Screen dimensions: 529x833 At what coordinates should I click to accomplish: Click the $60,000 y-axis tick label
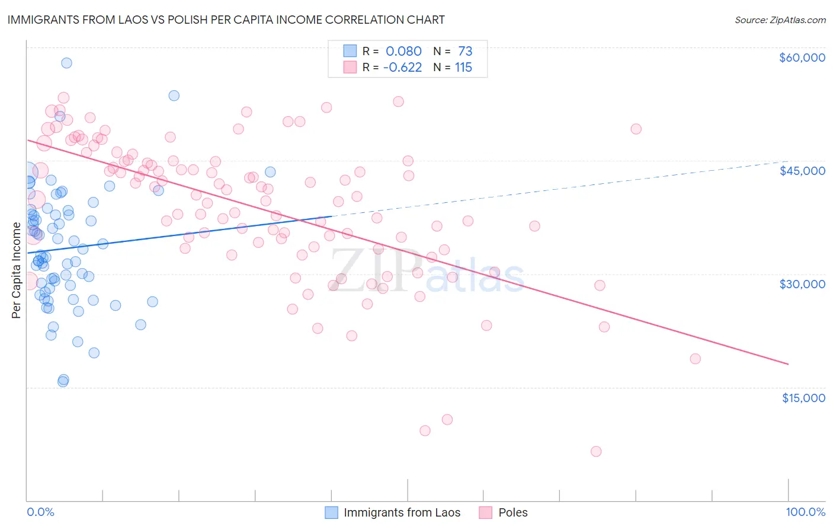click(802, 58)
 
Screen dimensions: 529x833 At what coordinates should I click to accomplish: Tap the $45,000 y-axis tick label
click(802, 171)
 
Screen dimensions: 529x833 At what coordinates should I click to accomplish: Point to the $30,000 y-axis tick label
click(802, 284)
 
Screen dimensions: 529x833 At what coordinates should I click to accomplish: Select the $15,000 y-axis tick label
click(803, 397)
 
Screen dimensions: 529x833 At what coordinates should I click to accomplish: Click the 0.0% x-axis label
click(40, 512)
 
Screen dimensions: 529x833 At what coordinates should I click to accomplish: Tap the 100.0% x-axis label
click(805, 512)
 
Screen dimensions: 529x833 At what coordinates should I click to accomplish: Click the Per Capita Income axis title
click(16, 270)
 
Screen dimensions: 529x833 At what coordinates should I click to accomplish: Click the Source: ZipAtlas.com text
click(780, 20)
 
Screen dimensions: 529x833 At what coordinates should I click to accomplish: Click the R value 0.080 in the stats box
click(403, 52)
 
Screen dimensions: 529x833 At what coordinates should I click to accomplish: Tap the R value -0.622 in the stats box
click(402, 68)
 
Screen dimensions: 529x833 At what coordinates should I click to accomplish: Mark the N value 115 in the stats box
click(463, 68)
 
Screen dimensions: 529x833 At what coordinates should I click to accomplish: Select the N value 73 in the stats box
click(465, 52)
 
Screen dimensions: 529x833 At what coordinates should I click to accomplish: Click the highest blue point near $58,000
click(66, 63)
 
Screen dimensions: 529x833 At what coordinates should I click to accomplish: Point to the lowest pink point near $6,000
click(596, 451)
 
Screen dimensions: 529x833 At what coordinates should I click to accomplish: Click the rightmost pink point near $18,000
click(695, 359)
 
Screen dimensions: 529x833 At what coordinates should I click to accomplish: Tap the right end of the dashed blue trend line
click(787, 161)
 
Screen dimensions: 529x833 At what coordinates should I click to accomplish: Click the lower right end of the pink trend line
click(788, 364)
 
